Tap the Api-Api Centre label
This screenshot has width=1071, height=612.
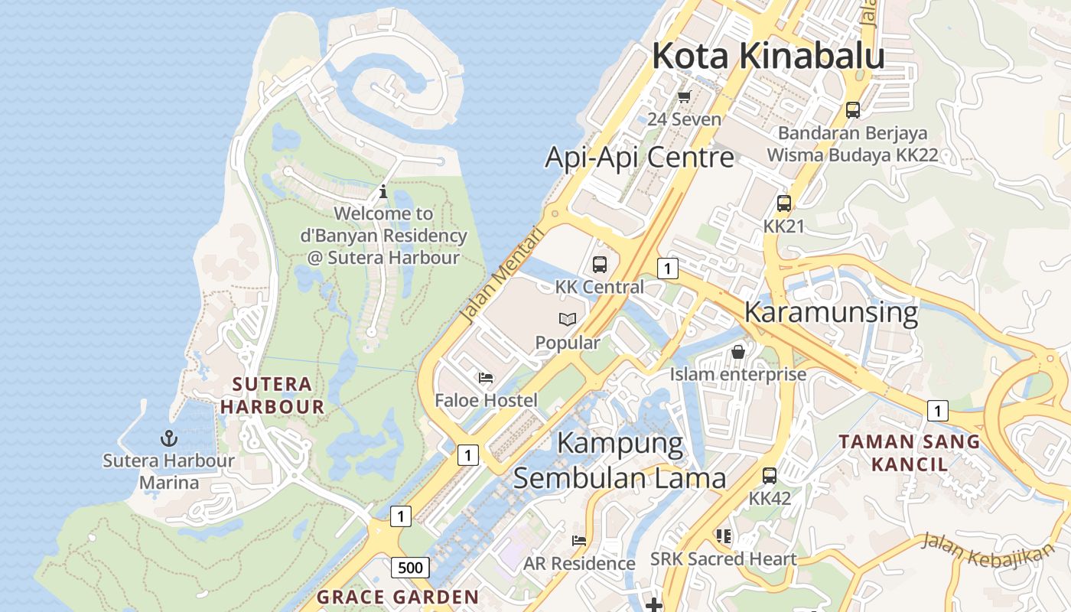(639, 158)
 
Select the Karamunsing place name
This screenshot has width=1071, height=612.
(831, 313)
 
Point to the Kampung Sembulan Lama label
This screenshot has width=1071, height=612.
(619, 461)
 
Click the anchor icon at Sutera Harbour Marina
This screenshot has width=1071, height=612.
(168, 438)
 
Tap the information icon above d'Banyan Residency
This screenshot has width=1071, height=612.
(383, 191)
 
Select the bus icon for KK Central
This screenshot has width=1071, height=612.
(600, 265)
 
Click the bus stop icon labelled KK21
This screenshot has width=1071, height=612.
(783, 203)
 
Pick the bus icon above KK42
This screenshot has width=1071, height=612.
(770, 475)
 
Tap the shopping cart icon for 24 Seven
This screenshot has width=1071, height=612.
(684, 97)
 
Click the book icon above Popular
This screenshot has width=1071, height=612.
(567, 319)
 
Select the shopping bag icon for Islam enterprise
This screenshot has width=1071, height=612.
(738, 352)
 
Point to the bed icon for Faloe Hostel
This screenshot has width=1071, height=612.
(486, 377)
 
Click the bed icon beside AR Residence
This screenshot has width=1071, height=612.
(579, 540)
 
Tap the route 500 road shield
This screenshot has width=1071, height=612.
(410, 568)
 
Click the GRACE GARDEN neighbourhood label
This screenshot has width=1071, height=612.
(398, 597)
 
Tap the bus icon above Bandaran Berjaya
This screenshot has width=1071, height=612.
(852, 110)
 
